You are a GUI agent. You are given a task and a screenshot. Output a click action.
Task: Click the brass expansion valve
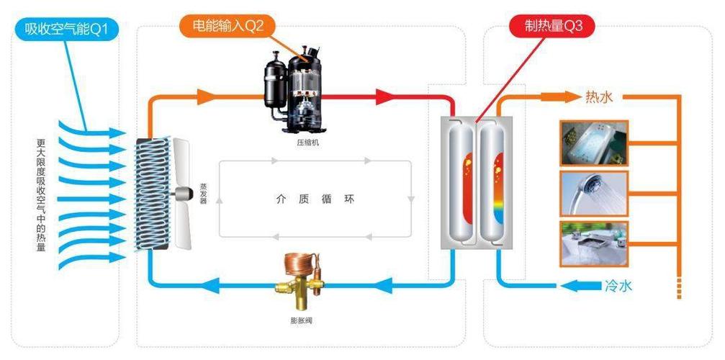click(297, 279)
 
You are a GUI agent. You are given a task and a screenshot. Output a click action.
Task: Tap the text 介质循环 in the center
click(315, 199)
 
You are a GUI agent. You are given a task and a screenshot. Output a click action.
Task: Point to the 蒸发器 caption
click(203, 192)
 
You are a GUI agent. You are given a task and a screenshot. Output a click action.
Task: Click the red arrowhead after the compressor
click(385, 96)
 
